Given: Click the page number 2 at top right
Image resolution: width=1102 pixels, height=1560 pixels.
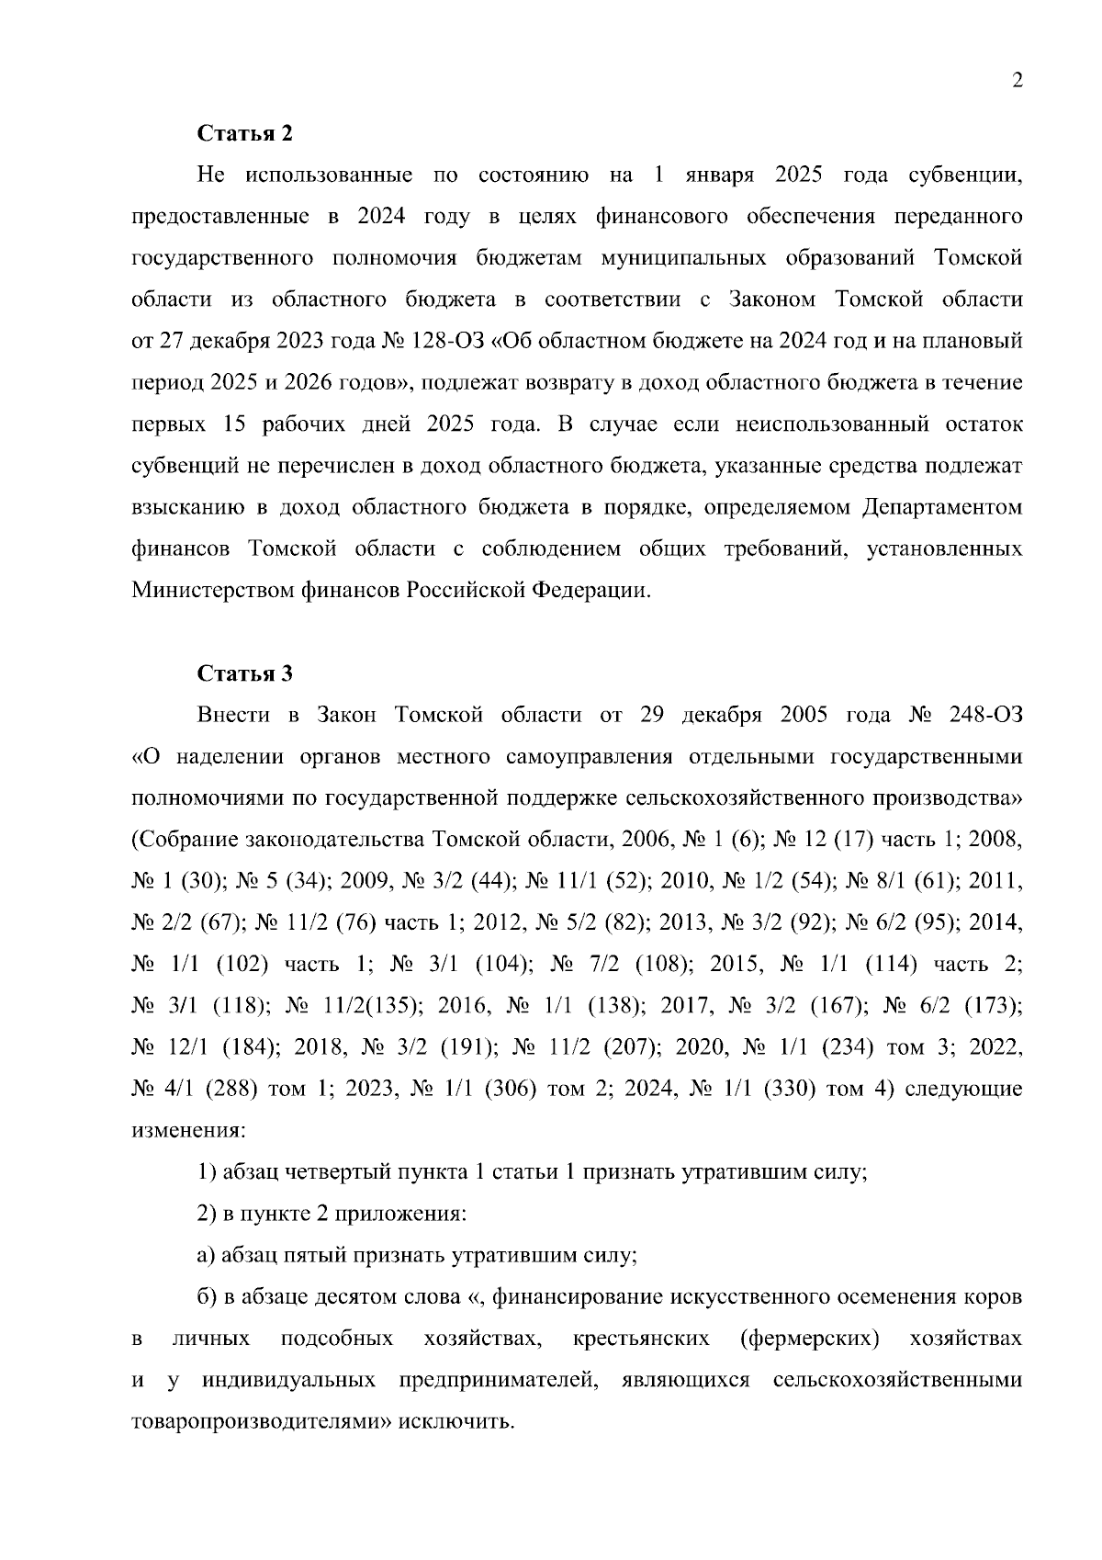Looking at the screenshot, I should [1017, 81].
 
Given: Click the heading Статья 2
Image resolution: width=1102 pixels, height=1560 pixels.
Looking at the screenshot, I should [245, 133].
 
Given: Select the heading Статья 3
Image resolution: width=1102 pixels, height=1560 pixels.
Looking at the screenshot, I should [245, 673].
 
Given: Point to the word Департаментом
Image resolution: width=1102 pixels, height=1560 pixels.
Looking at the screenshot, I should [942, 507].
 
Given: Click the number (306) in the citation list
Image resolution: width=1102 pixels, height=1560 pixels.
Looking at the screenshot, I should [510, 1090].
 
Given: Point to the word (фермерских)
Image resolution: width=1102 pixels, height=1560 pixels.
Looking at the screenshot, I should [809, 1339].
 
